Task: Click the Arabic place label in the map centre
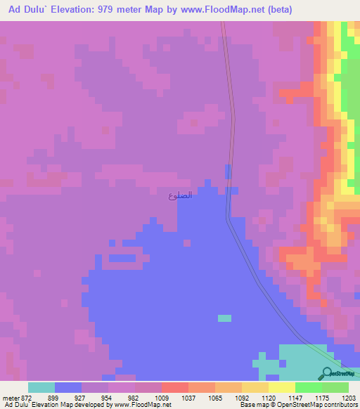tap(180, 195)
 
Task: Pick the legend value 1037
tap(188, 398)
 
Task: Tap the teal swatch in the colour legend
tap(41, 387)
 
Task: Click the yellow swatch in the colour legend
tap(281, 387)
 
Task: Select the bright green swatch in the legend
tap(308, 387)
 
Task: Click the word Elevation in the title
tap(76, 10)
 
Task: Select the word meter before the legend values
tap(12, 398)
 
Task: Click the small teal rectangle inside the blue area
tap(224, 318)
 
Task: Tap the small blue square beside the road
tap(227, 171)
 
